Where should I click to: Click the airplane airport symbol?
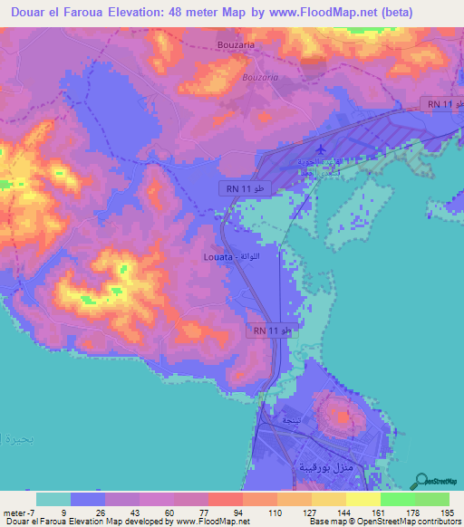323,149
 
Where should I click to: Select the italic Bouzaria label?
261,77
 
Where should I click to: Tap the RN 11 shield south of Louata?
273,331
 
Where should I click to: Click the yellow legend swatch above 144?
328,499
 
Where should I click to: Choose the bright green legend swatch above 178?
398,499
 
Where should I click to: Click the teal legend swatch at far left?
53,499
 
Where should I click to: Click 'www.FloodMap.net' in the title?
308,13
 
